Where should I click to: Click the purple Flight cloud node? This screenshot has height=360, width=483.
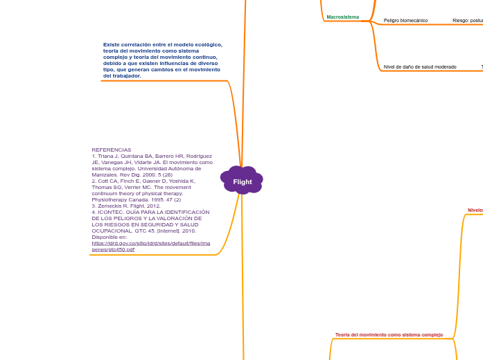point(242,181)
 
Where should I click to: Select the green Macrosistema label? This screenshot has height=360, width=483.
point(343,17)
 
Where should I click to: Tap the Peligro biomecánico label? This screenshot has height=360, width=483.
point(405,21)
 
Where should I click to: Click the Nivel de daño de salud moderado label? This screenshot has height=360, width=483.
point(420,67)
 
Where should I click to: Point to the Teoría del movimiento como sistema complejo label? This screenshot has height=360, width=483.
point(389,334)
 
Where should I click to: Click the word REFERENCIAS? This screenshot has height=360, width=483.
point(111,150)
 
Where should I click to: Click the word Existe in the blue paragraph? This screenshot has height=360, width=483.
point(111,44)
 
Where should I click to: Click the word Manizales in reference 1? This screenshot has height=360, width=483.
point(107,174)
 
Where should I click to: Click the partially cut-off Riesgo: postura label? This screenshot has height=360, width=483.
point(468,21)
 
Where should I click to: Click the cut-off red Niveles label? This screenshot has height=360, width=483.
point(475,210)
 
